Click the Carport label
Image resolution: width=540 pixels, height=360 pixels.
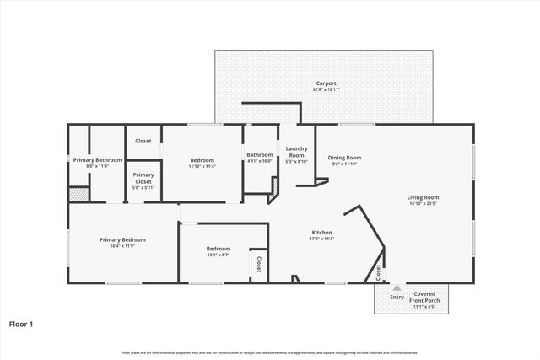[326, 83]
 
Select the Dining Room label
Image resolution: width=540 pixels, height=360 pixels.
[344, 158]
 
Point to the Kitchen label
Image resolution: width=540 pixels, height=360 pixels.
[321, 232]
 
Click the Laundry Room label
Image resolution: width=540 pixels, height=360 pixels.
[296, 152]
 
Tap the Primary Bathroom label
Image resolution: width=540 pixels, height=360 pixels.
[97, 159]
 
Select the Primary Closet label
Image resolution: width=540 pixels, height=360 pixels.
[143, 178]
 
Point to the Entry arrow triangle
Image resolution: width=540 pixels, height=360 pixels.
[397, 287]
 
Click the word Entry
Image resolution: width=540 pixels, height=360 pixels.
[397, 296]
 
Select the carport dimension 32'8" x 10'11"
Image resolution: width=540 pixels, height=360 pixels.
[326, 89]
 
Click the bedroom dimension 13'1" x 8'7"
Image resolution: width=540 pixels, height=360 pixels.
[219, 255]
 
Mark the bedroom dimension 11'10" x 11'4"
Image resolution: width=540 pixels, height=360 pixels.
[202, 166]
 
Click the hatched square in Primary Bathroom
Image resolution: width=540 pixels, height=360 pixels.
[77, 194]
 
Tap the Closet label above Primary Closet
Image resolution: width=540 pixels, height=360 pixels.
[143, 141]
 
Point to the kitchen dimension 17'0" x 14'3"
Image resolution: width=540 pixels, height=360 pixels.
[321, 239]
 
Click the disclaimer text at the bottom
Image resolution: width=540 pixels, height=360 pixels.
[269, 352]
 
